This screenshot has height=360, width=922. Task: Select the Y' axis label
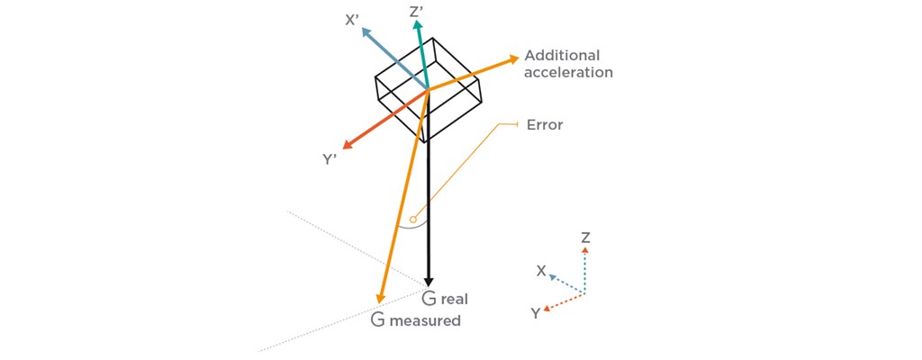pos(330,159)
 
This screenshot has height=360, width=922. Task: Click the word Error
pos(544,124)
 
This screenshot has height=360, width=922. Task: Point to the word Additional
pos(561,55)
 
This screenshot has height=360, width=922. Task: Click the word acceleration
pos(568,72)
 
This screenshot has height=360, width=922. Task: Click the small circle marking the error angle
pos(413,219)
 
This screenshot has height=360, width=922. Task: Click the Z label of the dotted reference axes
pos(585,238)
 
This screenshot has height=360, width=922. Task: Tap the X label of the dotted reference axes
pos(540,270)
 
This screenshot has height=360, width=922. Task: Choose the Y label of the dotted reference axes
pos(535,313)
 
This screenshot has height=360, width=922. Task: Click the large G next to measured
pos(378,319)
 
